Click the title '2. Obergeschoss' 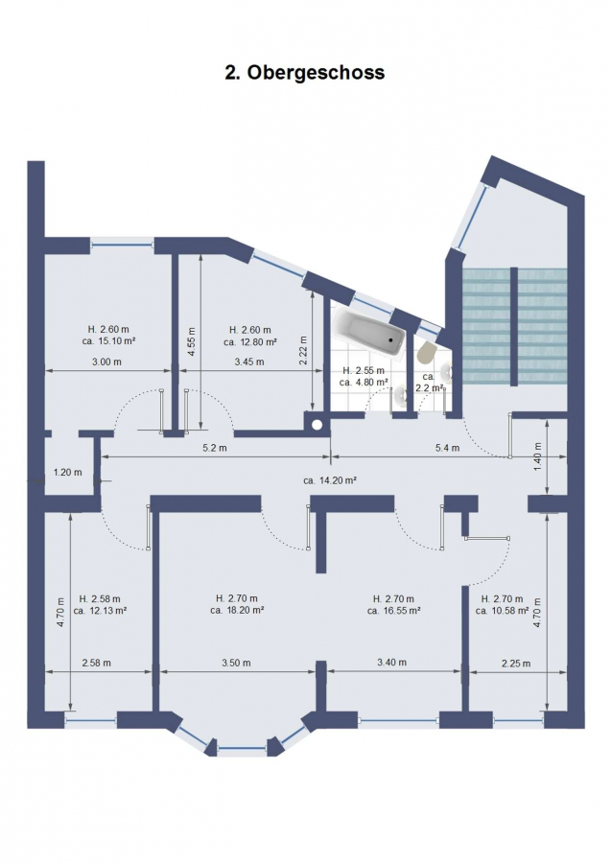(304, 72)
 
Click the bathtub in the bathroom (368, 333)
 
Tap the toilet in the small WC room (426, 352)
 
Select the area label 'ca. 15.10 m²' (107, 340)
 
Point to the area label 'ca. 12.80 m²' (250, 341)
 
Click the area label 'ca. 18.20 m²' (237, 610)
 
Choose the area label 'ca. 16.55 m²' (393, 610)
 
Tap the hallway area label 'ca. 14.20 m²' (330, 480)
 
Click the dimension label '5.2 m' (215, 448)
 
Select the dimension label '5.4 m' (447, 448)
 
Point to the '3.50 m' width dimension (236, 663)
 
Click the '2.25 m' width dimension (516, 664)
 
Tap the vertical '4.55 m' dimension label (192, 341)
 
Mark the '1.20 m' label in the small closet (68, 472)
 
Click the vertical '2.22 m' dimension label (303, 351)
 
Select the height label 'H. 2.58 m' (100, 598)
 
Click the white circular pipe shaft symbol (317, 425)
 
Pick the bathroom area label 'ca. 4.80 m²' (364, 382)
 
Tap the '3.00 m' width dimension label (106, 362)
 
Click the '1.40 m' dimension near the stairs (538, 456)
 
